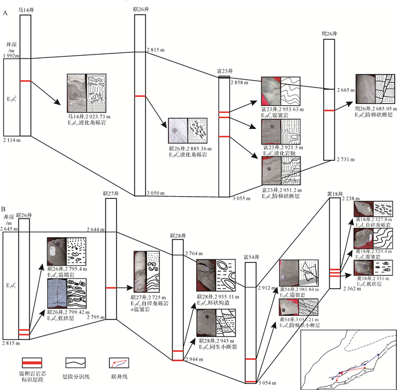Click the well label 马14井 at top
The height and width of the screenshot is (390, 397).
pyautogui.click(x=25, y=10)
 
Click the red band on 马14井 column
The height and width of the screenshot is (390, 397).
pyautogui.click(x=25, y=81)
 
